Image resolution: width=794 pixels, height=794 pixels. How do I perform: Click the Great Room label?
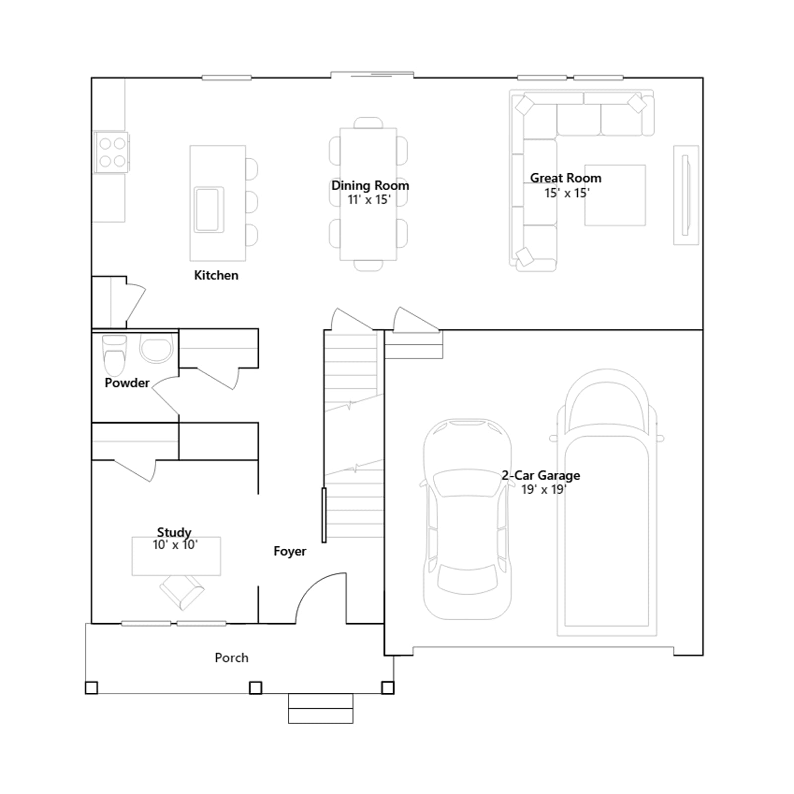pos(566,178)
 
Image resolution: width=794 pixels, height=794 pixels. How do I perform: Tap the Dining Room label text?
pos(370,185)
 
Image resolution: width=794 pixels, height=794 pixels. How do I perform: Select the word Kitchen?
pos(216,275)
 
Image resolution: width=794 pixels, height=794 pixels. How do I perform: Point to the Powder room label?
pos(127,383)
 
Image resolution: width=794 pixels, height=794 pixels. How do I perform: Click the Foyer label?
pos(290,551)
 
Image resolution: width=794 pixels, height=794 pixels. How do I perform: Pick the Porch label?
pos(232,658)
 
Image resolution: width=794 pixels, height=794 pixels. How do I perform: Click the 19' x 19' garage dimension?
pos(544,489)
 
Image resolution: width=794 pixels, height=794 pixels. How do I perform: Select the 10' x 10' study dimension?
pos(175,545)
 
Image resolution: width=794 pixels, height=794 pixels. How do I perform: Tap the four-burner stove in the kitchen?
pos(112,152)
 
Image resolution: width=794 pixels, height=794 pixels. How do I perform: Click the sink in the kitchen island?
pos(209,209)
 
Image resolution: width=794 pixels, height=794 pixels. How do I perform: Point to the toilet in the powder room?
pos(115,355)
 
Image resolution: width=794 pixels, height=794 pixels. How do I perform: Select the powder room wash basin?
pos(156,348)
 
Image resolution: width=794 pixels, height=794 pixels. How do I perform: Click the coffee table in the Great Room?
pos(615,195)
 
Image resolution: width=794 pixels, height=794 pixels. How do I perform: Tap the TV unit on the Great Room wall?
pos(686,195)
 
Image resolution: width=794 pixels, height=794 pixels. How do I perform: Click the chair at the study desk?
pos(182,592)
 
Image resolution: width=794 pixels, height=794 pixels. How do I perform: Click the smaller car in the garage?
pos(466,519)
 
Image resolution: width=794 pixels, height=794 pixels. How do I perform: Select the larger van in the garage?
pos(606,502)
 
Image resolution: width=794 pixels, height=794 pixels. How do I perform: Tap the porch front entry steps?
pos(321,708)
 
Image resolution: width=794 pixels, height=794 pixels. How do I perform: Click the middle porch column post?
pos(255,688)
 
